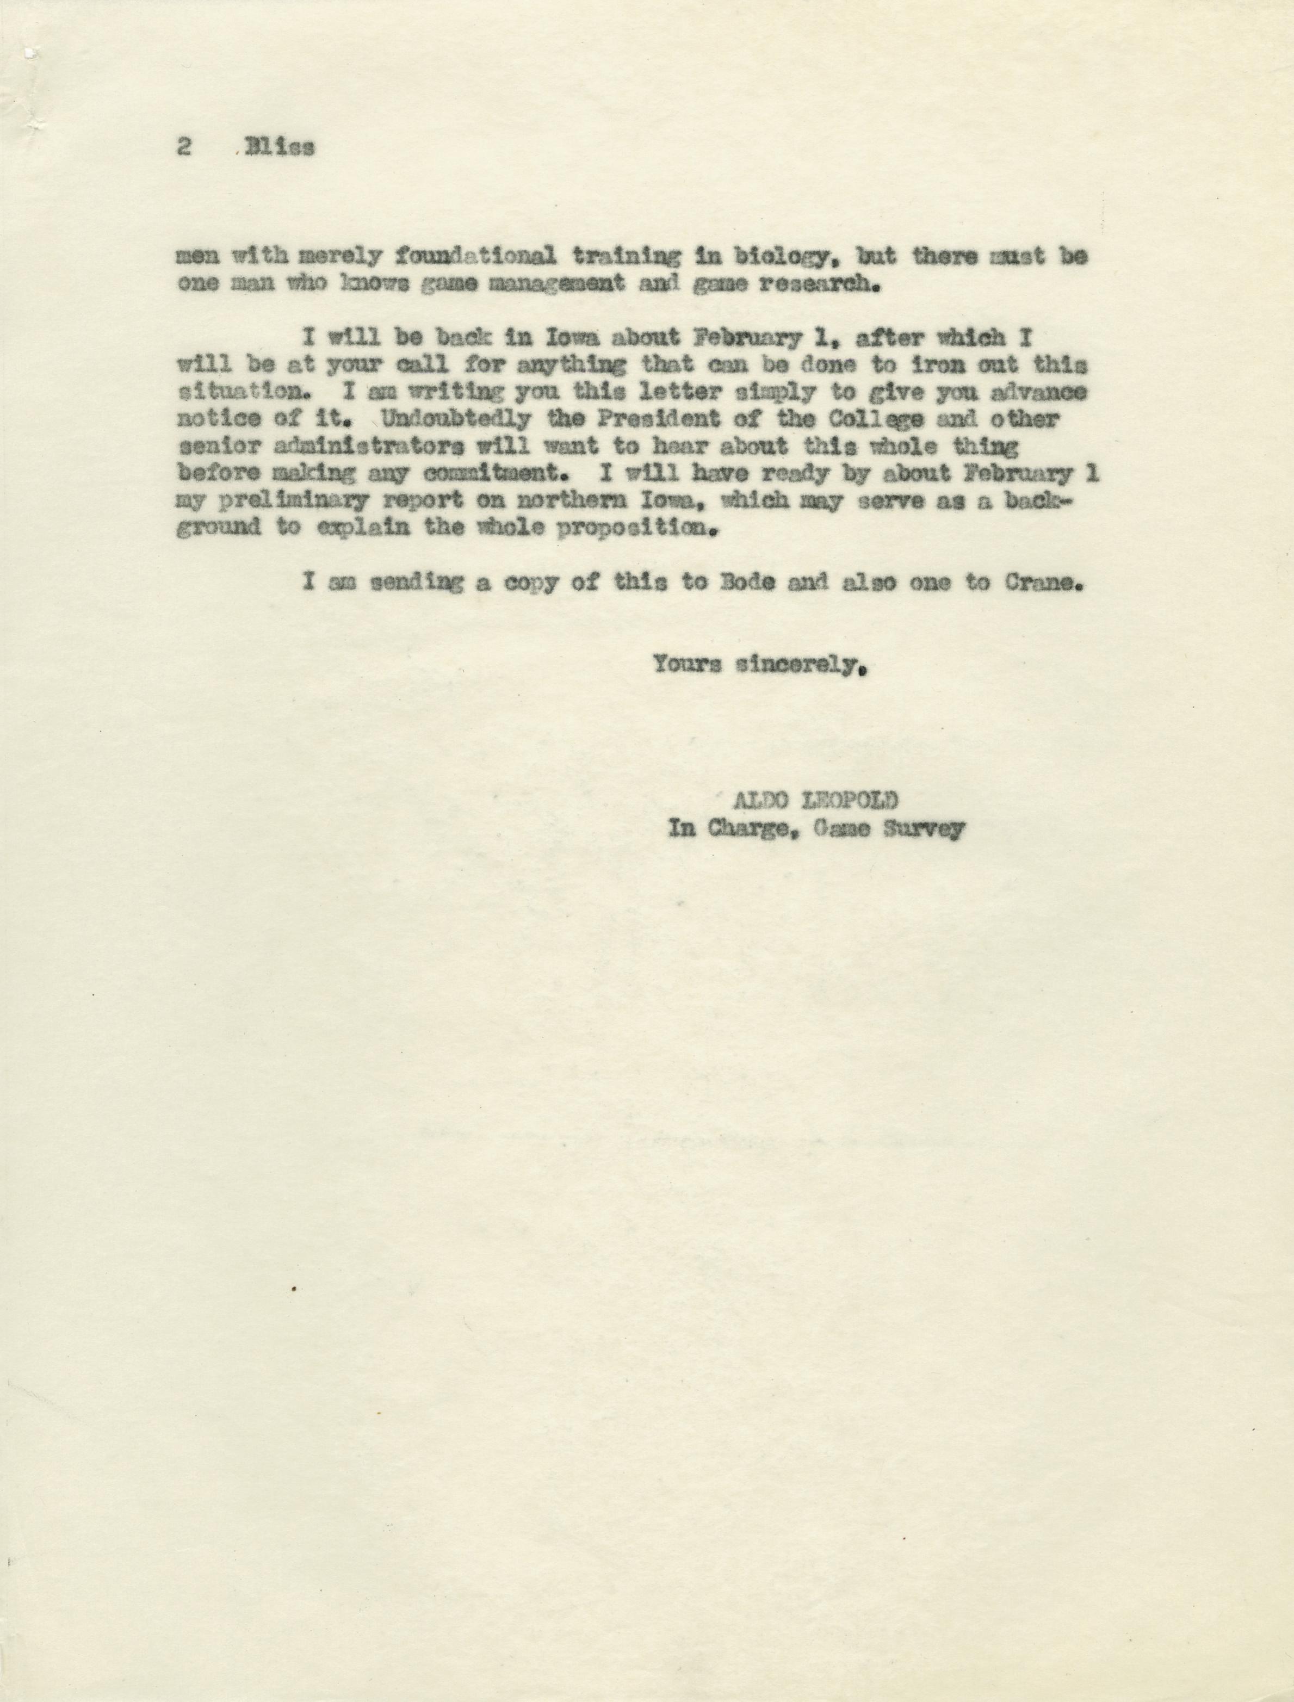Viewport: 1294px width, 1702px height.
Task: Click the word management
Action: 556,283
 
